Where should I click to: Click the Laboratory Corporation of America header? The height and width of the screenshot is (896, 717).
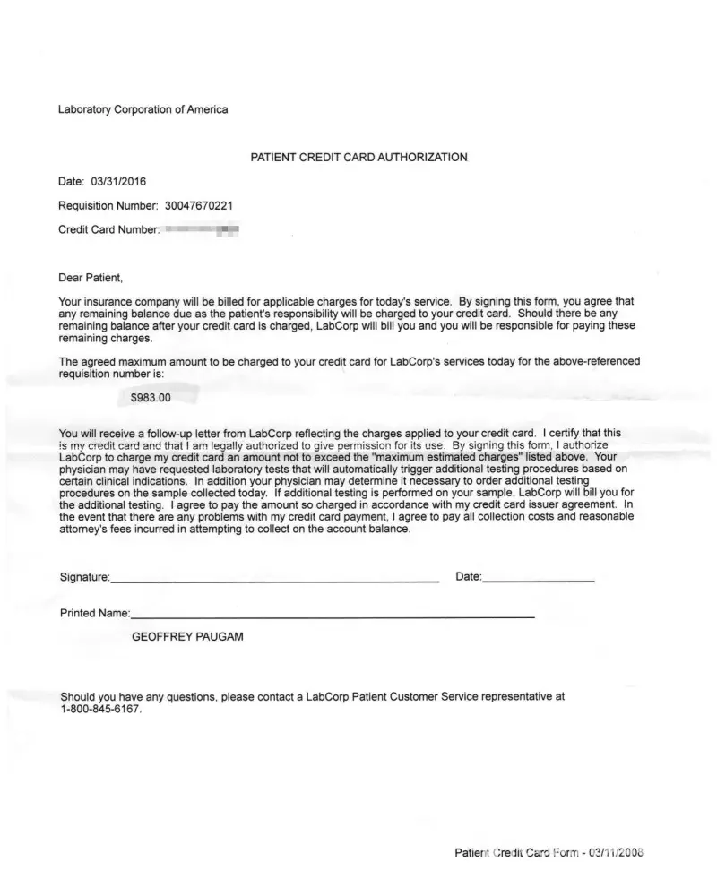click(x=143, y=109)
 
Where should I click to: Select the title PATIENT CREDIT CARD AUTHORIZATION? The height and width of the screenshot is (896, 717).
click(x=358, y=158)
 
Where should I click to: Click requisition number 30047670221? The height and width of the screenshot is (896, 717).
click(x=199, y=205)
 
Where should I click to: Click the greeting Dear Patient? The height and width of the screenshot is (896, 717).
click(x=90, y=278)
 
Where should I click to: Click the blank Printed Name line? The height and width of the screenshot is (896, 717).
click(x=333, y=617)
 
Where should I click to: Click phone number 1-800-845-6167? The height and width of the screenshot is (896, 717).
click(x=100, y=709)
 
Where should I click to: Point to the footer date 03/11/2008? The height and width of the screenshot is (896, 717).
click(x=616, y=853)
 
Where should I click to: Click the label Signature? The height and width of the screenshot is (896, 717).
click(x=85, y=577)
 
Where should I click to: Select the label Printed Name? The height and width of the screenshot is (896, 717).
click(x=95, y=614)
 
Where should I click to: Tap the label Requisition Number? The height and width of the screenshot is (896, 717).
click(x=108, y=205)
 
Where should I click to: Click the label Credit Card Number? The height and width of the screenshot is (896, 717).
click(x=108, y=229)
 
